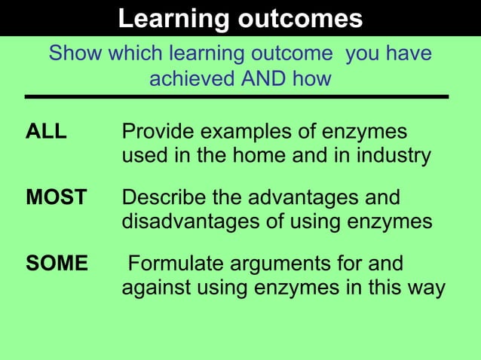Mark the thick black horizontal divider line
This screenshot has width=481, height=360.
coord(237,97)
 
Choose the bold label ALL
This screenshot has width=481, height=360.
coord(46,133)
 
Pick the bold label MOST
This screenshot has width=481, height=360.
coord(56,198)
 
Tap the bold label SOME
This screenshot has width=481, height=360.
coord(57,264)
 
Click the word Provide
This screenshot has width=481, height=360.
coord(157,133)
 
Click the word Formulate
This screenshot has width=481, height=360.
coord(173,264)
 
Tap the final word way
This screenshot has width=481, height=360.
coord(426,288)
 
